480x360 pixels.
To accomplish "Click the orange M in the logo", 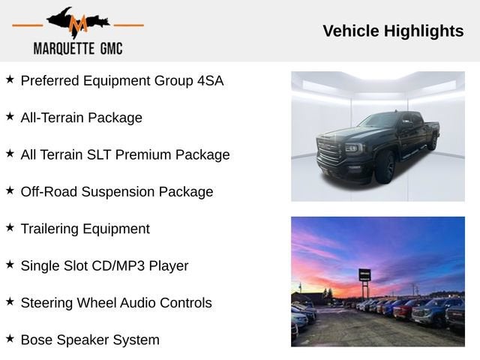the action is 78,24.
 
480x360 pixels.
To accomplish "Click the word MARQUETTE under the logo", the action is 64,49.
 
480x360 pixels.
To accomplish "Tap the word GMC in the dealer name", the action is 112,49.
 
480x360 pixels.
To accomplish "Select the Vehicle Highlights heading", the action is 393,31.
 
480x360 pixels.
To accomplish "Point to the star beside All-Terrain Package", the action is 10,116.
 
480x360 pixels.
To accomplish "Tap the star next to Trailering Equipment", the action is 10,227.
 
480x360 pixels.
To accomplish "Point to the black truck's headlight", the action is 353,148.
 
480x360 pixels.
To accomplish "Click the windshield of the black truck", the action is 380,120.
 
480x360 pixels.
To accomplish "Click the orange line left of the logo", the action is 28,25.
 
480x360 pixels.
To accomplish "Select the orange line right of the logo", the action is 128,25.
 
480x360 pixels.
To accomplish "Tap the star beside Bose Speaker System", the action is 10,338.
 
